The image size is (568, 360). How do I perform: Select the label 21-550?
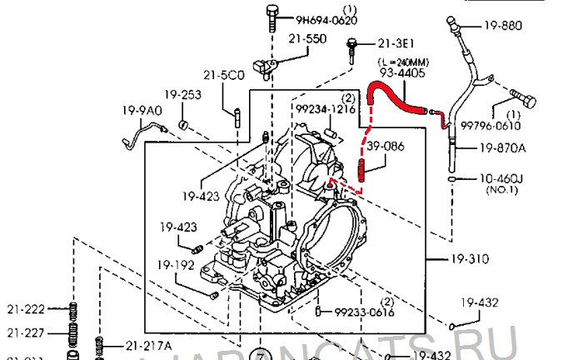click(x=307, y=39)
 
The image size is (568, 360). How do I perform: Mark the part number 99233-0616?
click(x=364, y=312)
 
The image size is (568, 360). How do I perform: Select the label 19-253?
click(x=182, y=94)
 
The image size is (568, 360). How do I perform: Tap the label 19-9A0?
click(x=138, y=110)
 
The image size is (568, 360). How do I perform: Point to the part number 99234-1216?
click(x=326, y=109)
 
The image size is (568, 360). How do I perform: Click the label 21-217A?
click(x=149, y=345)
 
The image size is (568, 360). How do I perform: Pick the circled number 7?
click(x=261, y=352)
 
